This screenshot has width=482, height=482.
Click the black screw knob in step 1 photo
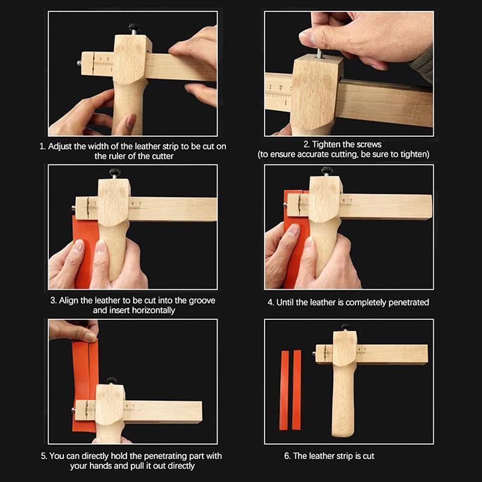click(131, 28)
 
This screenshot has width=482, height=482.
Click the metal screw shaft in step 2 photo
click(316, 54)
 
